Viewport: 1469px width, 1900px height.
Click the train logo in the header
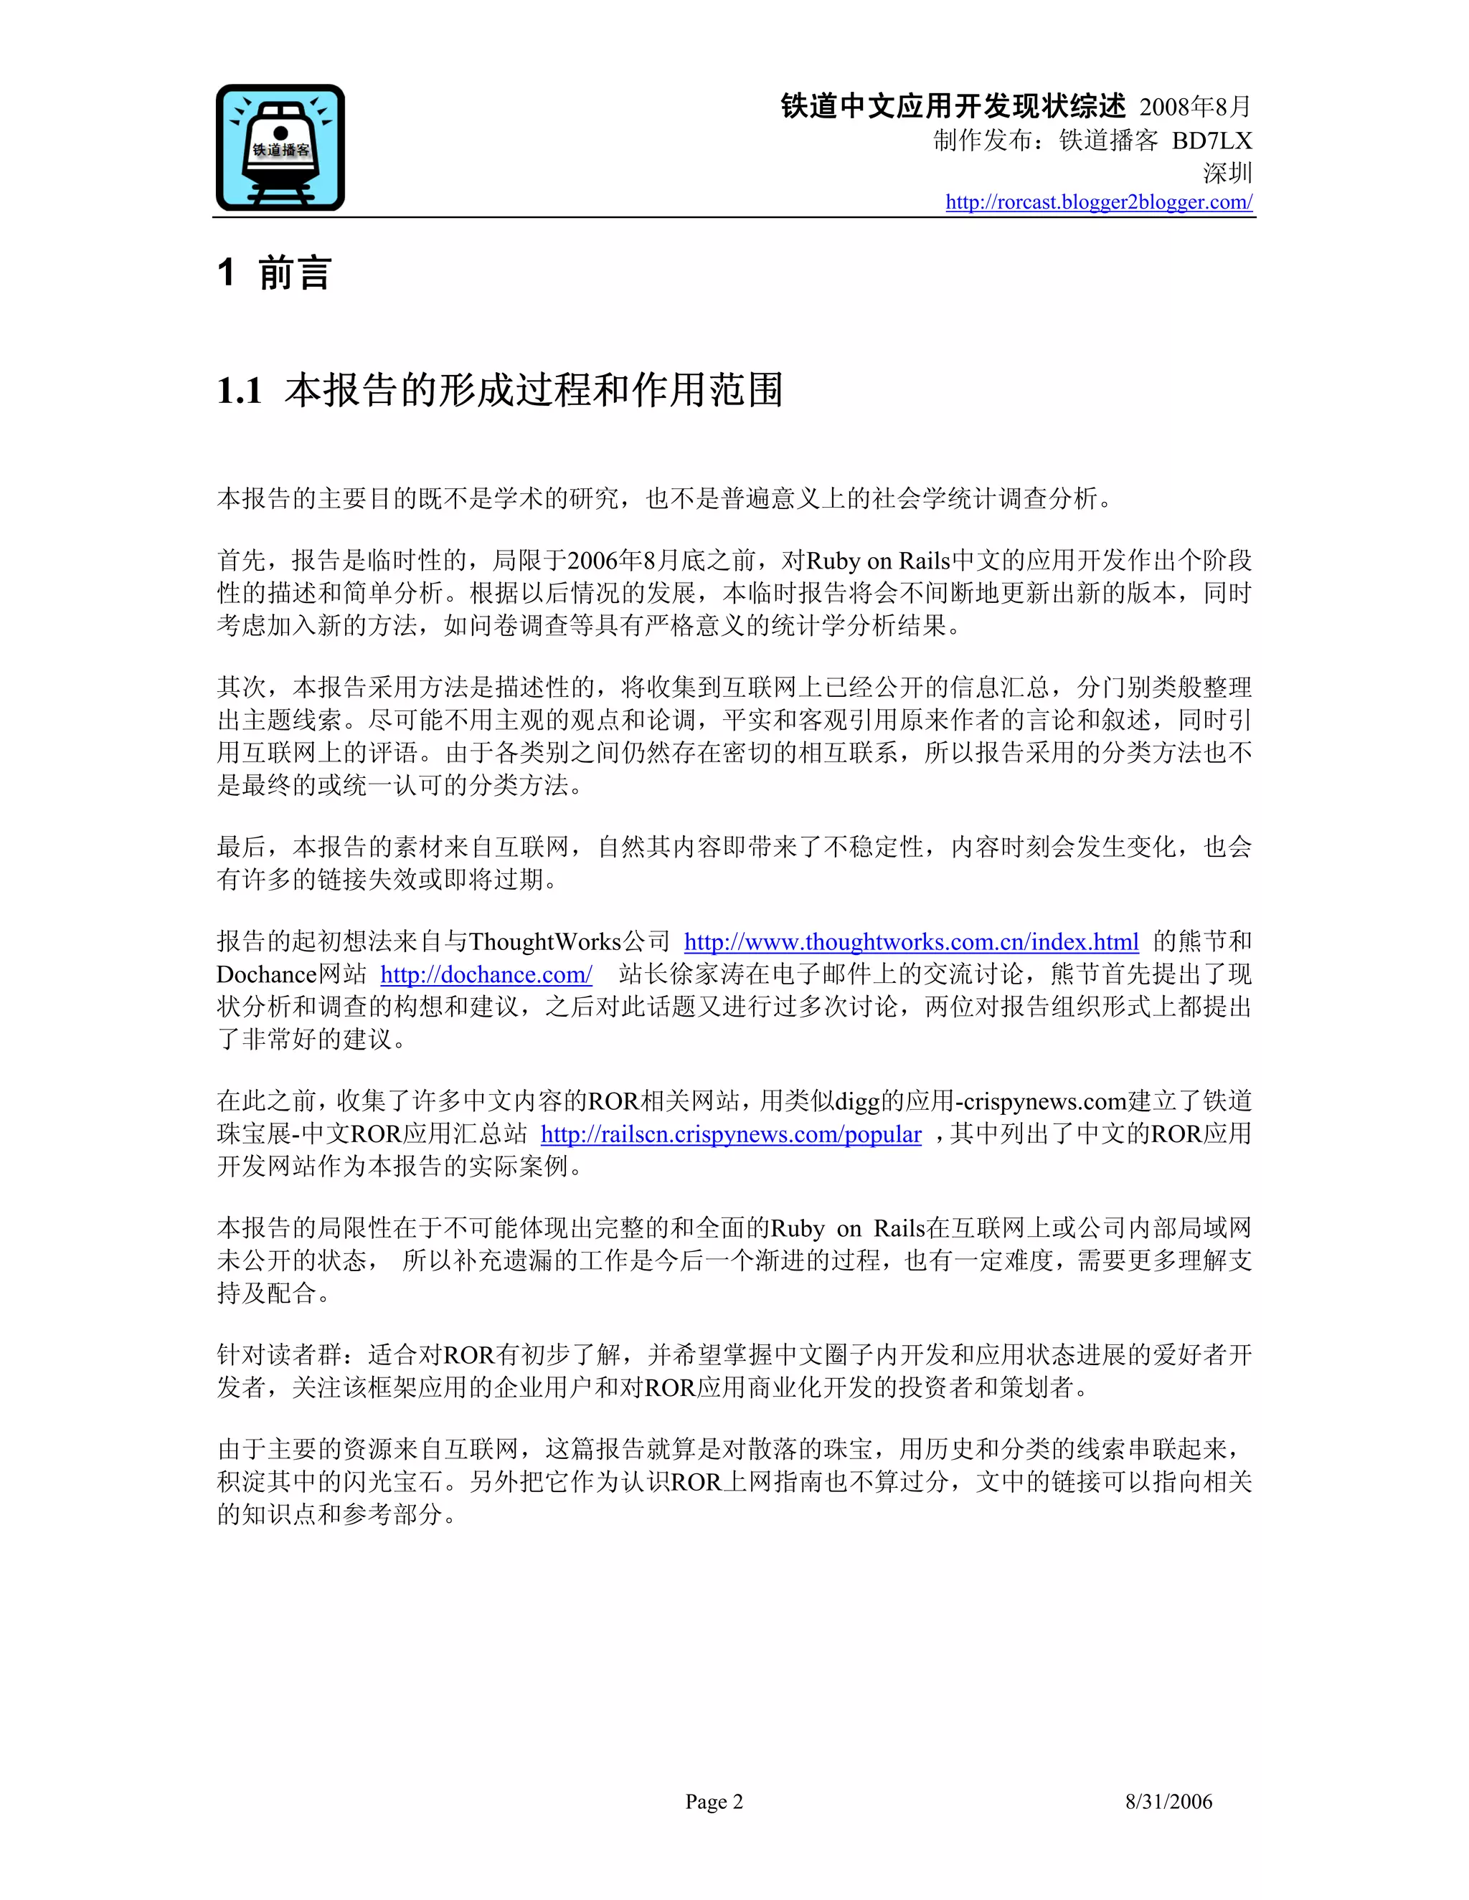pos(280,148)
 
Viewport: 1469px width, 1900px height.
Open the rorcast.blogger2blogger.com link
pos(1098,202)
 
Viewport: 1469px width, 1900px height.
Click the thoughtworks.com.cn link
pos(910,941)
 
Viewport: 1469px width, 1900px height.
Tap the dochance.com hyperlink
pos(486,974)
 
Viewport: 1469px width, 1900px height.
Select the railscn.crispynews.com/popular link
pos(730,1134)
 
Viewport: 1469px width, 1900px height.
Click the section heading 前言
pos(295,273)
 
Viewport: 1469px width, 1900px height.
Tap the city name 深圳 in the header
pos(1227,173)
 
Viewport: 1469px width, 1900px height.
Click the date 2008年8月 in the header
pos(1195,107)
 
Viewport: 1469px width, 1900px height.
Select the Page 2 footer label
pos(714,1802)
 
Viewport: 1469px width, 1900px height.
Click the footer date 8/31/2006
pos(1168,1802)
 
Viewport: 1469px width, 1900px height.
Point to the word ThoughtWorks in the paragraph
pos(545,941)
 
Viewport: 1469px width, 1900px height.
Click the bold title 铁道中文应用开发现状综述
pos(953,106)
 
